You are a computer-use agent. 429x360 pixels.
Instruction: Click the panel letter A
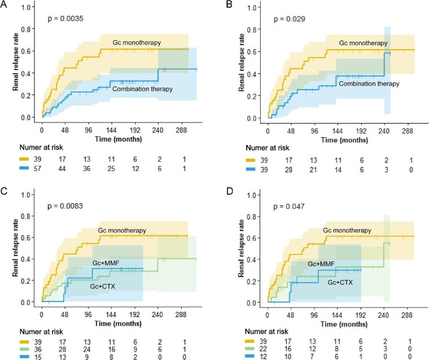5,5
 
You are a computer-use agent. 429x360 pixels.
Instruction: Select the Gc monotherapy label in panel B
364,43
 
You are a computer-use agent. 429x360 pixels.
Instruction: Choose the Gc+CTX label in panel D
345,283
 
